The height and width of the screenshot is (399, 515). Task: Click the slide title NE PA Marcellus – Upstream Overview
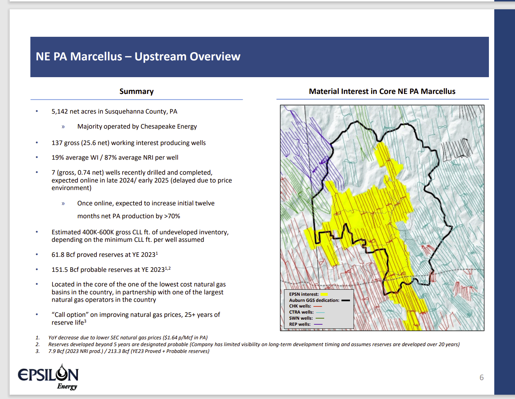(138, 56)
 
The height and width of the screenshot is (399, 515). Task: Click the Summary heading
(137, 91)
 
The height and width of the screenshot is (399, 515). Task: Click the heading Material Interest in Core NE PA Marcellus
(382, 91)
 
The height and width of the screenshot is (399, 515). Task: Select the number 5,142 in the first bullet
(60, 111)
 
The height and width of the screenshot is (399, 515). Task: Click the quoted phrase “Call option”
(70, 315)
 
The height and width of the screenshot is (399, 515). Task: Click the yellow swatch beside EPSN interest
(324, 294)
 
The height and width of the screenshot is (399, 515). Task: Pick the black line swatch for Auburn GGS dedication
(346, 300)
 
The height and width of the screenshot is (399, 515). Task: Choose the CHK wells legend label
(300, 306)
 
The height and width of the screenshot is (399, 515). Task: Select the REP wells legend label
(299, 324)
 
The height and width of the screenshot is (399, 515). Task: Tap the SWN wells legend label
(301, 318)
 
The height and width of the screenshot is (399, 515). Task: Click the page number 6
(481, 378)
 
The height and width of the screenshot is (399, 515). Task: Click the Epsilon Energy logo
(48, 377)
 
